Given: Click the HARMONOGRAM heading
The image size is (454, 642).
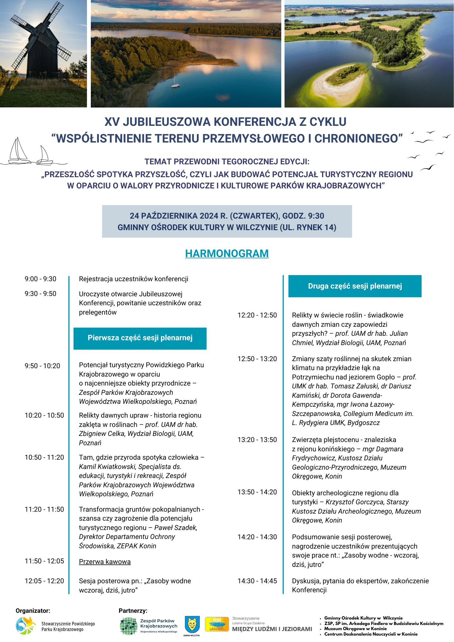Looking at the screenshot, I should click(x=227, y=253).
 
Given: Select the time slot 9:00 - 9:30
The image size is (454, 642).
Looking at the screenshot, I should click(x=40, y=279).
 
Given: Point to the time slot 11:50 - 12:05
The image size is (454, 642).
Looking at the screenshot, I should click(x=44, y=561).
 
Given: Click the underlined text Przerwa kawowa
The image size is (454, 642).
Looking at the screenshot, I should click(x=105, y=562).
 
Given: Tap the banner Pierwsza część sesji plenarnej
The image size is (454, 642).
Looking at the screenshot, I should click(x=140, y=338).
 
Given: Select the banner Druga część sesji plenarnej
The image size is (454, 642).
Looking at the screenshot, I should click(x=355, y=286).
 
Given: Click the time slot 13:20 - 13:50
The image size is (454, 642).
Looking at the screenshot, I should click(x=257, y=440).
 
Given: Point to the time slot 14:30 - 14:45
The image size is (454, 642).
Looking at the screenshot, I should click(x=257, y=581).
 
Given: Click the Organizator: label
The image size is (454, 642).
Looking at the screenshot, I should click(x=33, y=611).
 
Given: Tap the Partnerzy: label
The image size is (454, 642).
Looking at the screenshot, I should click(x=133, y=611).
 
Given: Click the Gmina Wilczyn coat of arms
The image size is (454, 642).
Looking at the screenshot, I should click(x=192, y=624).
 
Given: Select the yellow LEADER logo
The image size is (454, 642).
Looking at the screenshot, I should click(x=217, y=625).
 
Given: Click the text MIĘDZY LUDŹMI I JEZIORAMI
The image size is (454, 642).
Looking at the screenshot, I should click(x=272, y=629).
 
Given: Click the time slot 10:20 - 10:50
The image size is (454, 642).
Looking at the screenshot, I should click(x=44, y=415).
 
